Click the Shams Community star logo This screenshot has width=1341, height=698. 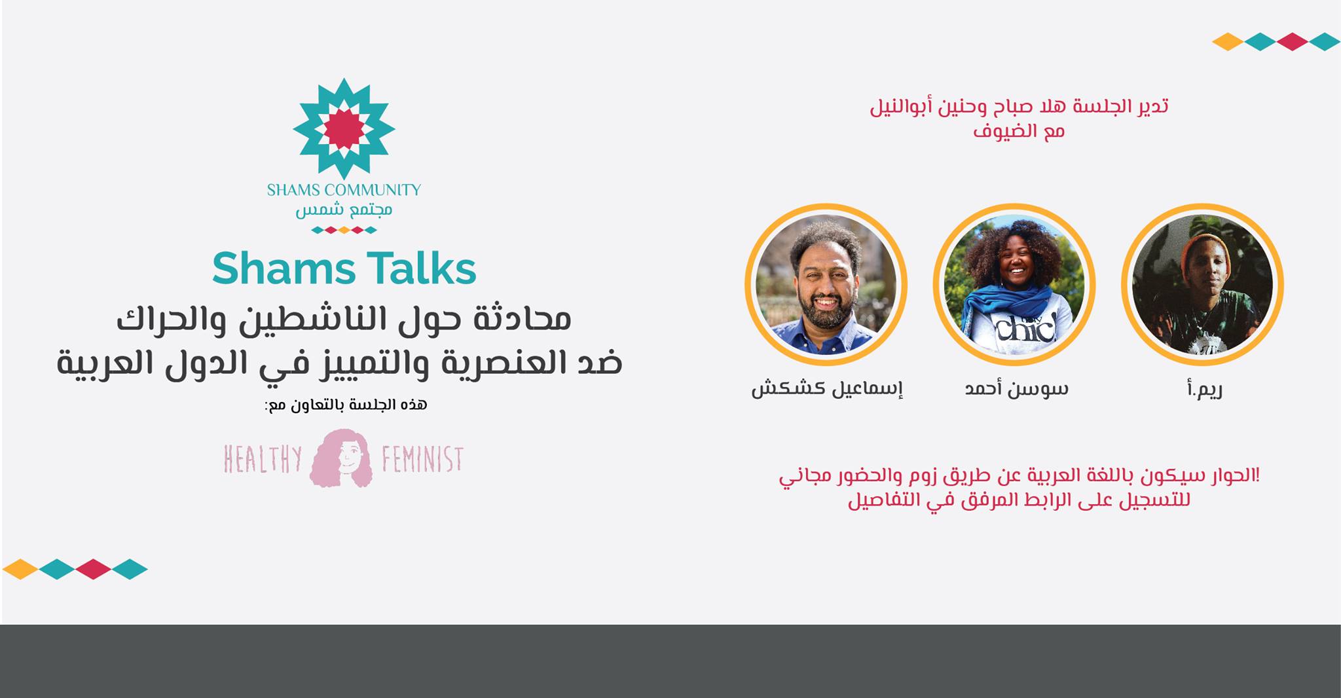(344, 128)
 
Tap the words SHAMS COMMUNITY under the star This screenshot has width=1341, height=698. (344, 190)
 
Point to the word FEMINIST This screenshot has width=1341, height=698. (422, 459)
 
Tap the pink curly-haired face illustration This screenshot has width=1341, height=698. (341, 458)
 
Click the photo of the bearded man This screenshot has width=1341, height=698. (826, 284)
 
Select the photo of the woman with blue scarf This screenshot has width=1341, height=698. (1014, 284)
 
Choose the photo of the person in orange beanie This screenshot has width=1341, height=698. (1203, 284)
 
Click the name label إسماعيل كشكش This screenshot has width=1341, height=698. (827, 388)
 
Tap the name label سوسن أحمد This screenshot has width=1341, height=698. (1017, 388)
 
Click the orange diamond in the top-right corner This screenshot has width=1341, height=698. (1228, 42)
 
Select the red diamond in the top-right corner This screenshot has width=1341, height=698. (1292, 42)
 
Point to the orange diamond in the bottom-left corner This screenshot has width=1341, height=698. (20, 569)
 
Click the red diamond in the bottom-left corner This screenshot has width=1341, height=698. (93, 569)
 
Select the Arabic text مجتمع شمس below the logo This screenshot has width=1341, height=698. (344, 210)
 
